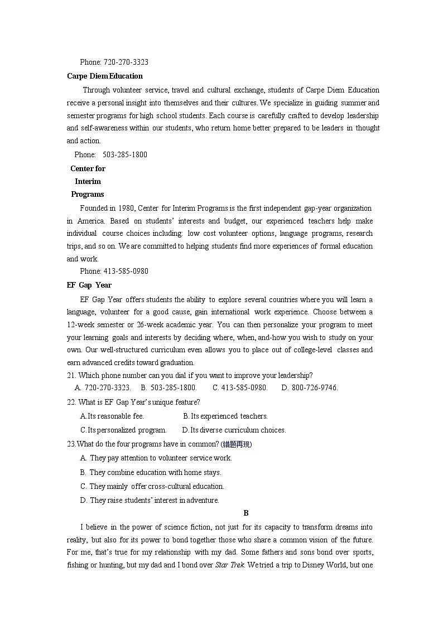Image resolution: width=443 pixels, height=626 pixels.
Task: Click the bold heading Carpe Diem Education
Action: pyautogui.click(x=104, y=76)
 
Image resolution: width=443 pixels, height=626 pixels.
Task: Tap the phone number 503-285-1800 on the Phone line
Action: pyautogui.click(x=125, y=154)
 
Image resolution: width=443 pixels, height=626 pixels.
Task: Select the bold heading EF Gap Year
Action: pyautogui.click(x=89, y=285)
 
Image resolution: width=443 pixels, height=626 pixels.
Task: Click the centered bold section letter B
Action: pyautogui.click(x=246, y=513)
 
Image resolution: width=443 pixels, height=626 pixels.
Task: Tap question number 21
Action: pyautogui.click(x=71, y=375)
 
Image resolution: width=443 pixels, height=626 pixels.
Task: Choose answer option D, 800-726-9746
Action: pyautogui.click(x=309, y=387)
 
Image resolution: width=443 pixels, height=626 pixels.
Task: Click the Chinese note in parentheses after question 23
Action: pyautogui.click(x=237, y=444)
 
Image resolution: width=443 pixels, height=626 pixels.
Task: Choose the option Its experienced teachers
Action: pyautogui.click(x=225, y=416)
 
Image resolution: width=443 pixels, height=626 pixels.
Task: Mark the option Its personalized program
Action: pyautogui.click(x=123, y=430)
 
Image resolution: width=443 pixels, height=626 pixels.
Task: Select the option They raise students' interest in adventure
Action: pyautogui.click(x=150, y=500)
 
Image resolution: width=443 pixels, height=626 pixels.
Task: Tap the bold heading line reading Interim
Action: pyautogui.click(x=88, y=181)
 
